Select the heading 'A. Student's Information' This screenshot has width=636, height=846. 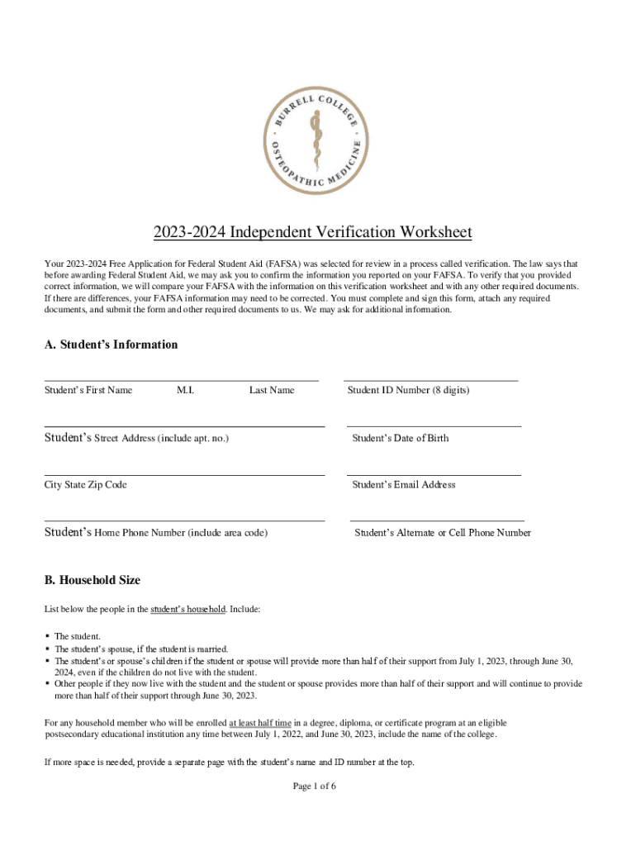(x=111, y=345)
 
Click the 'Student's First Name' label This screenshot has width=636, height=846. (x=88, y=390)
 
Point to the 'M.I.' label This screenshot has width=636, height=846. (x=185, y=390)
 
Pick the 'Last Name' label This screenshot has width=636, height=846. (x=272, y=390)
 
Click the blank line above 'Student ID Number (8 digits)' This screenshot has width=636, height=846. (x=430, y=380)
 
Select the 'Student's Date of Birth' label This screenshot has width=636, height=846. (x=401, y=438)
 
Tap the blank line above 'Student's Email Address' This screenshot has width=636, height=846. (x=434, y=475)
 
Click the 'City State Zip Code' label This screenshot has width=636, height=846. (x=86, y=485)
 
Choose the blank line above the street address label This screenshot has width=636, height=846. (x=184, y=426)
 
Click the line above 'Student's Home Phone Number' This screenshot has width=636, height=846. (x=184, y=521)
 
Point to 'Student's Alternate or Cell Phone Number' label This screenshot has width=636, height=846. (x=443, y=533)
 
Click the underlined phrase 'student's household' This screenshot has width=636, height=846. (x=187, y=609)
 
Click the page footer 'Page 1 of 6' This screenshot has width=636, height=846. (x=315, y=786)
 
